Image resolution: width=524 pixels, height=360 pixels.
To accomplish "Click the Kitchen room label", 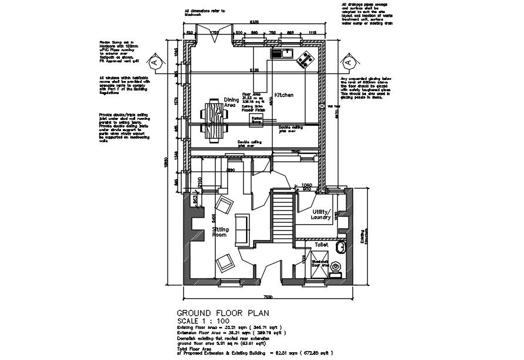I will click(x=284, y=95).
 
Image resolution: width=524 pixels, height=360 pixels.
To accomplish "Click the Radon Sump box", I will click(x=257, y=120).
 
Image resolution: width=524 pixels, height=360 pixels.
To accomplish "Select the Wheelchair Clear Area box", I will click(x=320, y=270).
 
